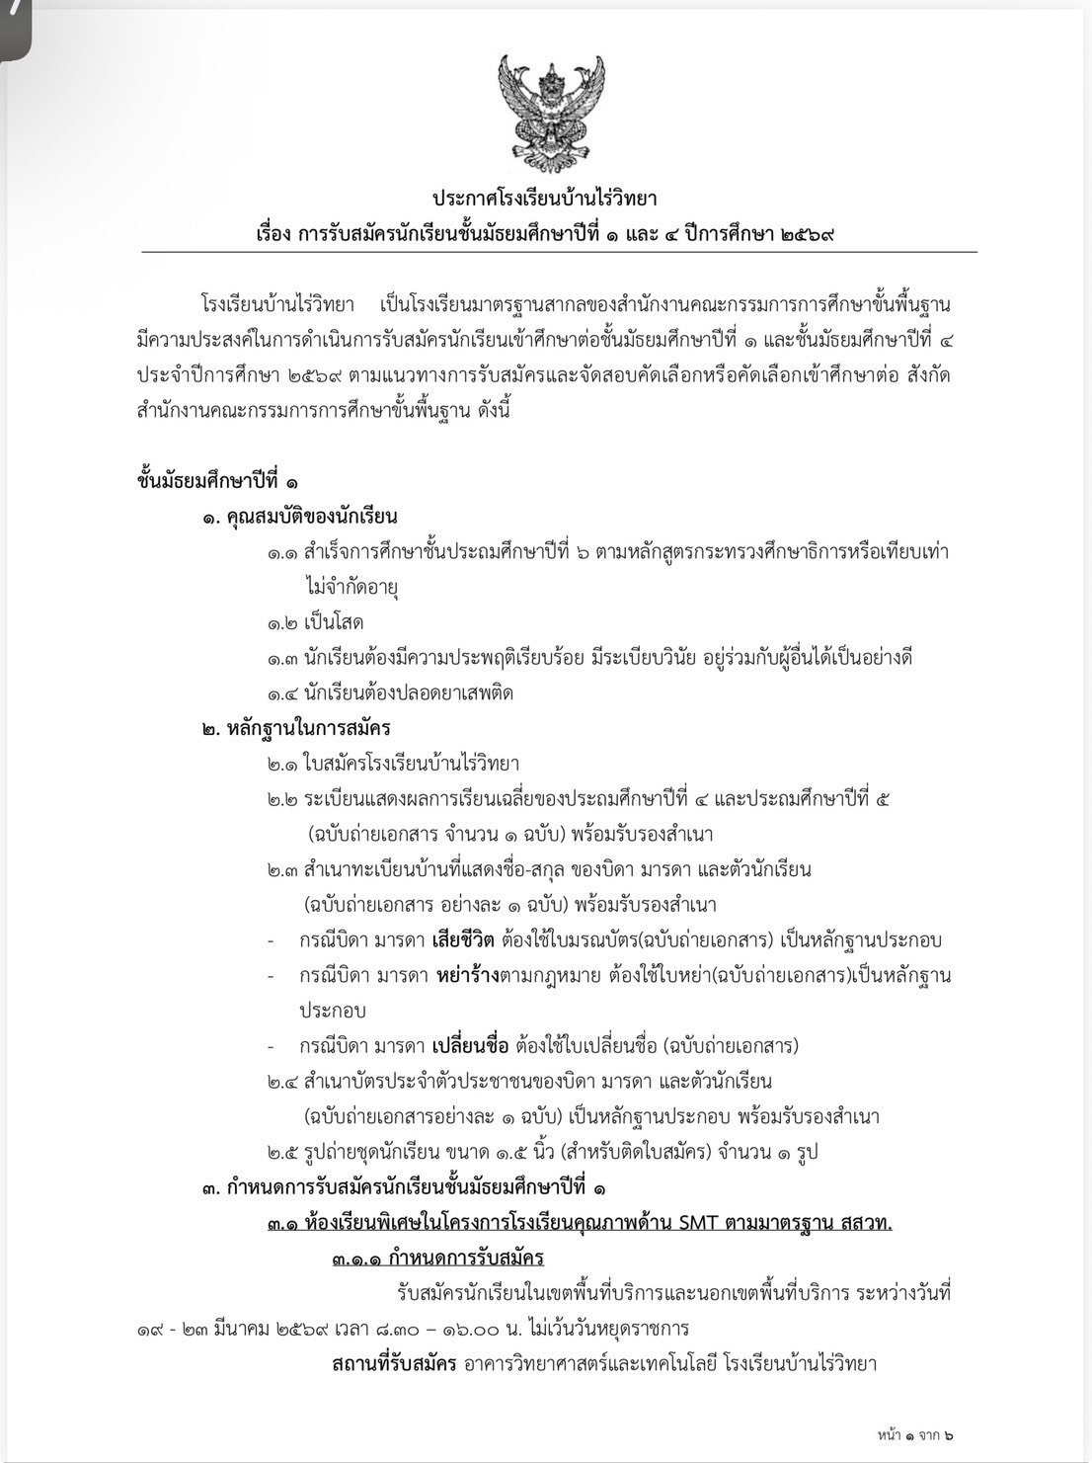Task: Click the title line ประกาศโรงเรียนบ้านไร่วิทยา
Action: [x=545, y=199]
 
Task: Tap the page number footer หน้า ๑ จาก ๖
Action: [x=914, y=1435]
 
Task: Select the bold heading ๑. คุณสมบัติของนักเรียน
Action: [x=300, y=516]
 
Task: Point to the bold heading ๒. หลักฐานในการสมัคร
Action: [x=296, y=728]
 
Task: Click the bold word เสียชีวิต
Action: [x=464, y=939]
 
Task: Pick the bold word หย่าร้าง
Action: [x=468, y=975]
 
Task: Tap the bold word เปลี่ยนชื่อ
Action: [x=471, y=1045]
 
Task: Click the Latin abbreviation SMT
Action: [x=698, y=1223]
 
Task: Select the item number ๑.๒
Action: [x=282, y=622]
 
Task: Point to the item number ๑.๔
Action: [x=282, y=692]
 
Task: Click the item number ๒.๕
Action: [x=282, y=1152]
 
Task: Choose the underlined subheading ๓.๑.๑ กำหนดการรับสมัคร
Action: [x=437, y=1258]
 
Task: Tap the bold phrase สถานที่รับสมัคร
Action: [x=394, y=1364]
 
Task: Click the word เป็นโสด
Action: [x=334, y=622]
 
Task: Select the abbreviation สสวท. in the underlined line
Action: [x=867, y=1223]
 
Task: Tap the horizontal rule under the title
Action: [x=559, y=252]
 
